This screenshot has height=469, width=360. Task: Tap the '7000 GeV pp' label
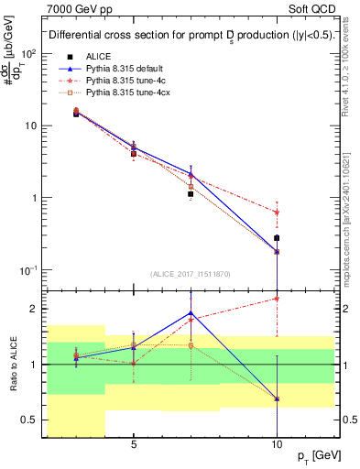coord(73,8)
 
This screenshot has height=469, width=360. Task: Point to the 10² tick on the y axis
coord(27,53)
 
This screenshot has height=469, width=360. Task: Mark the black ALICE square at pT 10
coord(278,238)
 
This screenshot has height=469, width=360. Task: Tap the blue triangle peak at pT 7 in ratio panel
coord(191,313)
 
